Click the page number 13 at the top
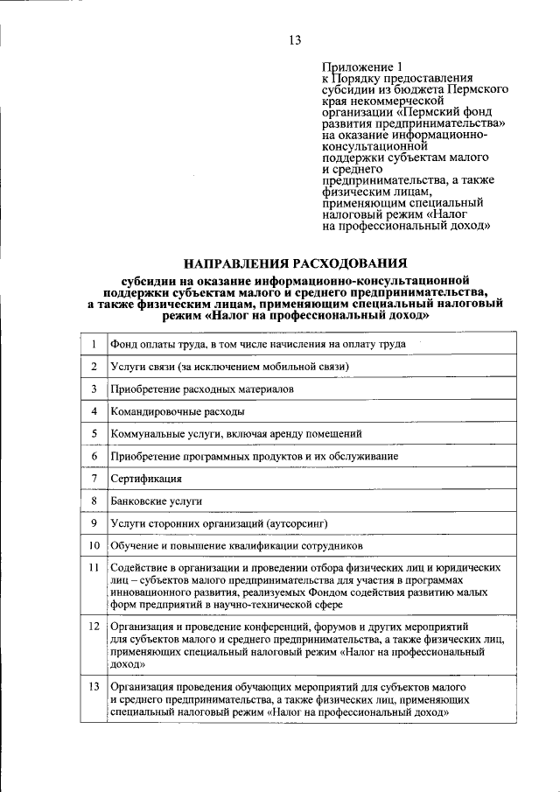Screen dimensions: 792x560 294,40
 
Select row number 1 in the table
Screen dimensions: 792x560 93,344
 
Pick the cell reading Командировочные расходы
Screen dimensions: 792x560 178,410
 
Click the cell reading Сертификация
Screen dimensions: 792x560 146,479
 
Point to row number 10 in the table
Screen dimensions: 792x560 93,545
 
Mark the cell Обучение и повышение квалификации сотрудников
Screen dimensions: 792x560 224,545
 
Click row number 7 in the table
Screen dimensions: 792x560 93,479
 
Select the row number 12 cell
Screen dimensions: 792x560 93,627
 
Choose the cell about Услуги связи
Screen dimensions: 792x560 230,366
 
